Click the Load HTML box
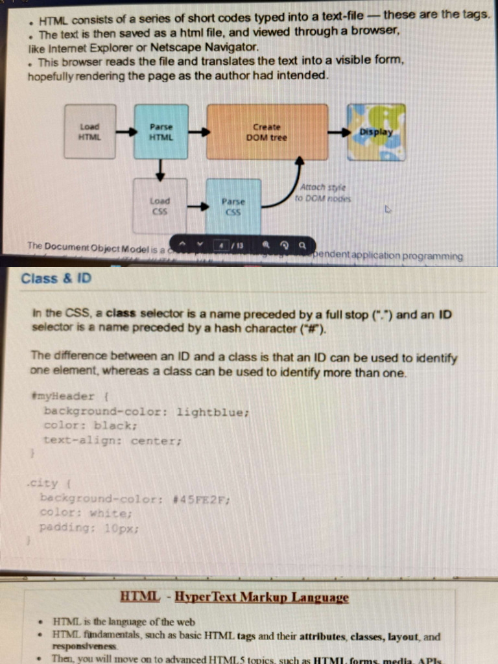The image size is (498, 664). pos(89,132)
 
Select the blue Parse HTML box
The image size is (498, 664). pos(160,132)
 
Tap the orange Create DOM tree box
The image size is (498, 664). pos(267,132)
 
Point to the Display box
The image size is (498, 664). pos(376,132)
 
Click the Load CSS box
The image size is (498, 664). pos(160,206)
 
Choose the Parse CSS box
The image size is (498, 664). pos(233,206)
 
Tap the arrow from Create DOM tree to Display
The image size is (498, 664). pos(338,132)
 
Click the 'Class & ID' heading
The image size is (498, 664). pos(56,279)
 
